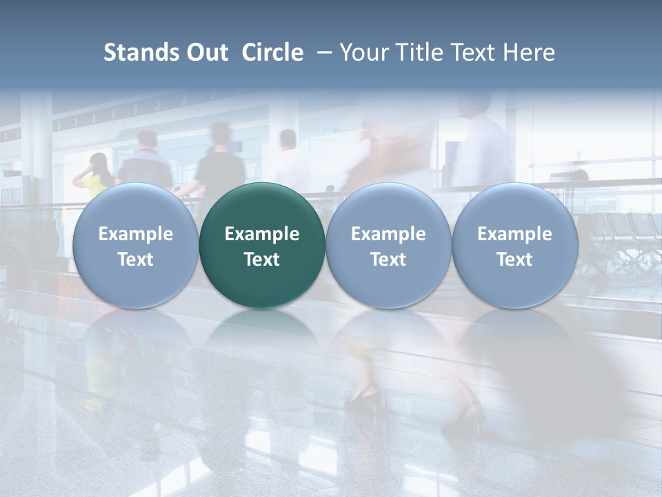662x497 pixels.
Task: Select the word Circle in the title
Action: [272, 52]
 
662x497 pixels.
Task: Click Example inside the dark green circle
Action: [262, 234]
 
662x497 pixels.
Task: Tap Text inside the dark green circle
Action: [262, 260]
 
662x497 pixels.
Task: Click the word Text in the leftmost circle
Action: [135, 260]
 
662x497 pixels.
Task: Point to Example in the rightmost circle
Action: [514, 234]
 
